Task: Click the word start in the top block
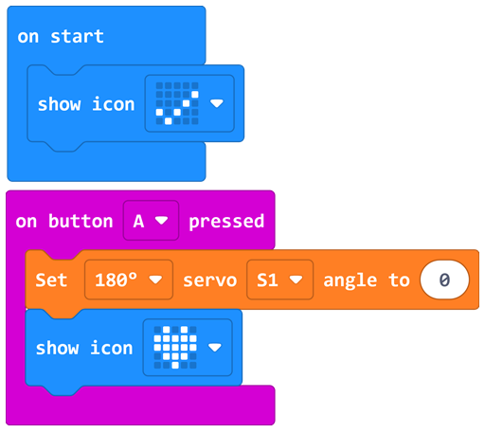coord(77,36)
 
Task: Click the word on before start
coord(28,37)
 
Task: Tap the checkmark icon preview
coord(177,103)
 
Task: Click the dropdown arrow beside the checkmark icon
coord(217,103)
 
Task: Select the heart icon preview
coord(175,348)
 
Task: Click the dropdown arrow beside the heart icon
coord(215,348)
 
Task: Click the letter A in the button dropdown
coord(138,221)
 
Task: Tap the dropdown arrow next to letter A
coord(162,221)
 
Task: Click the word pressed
coord(226,222)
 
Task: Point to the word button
coord(81,221)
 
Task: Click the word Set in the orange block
coord(51,280)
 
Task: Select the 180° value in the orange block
coord(117,280)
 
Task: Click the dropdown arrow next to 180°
coord(155,280)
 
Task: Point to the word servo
coord(210,280)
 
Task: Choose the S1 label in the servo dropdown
coord(267,280)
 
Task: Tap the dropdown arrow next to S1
coord(296,280)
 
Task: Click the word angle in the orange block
coord(350,281)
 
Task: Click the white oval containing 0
coord(444,280)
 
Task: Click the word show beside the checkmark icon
coord(60,104)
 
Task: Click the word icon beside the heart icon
coord(111,348)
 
